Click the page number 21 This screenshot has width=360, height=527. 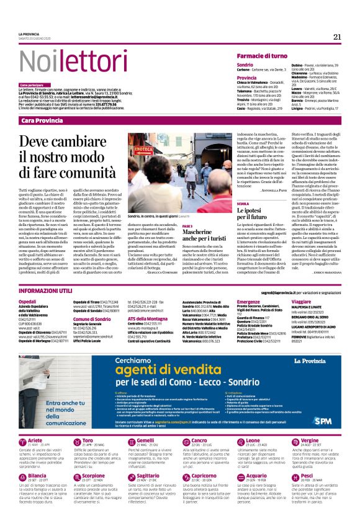337,36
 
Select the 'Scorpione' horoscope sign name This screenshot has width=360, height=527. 94,475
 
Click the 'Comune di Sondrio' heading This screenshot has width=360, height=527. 91,318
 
